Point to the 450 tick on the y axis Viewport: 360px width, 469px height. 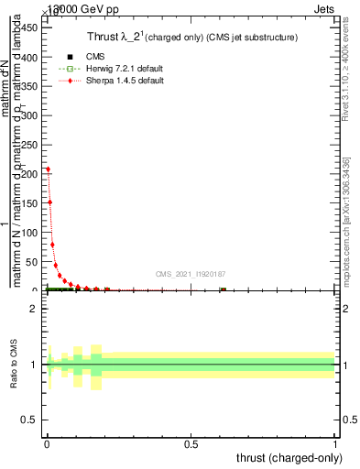point(31,27)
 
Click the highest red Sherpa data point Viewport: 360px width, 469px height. point(48,169)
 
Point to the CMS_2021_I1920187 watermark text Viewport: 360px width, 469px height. point(191,274)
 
